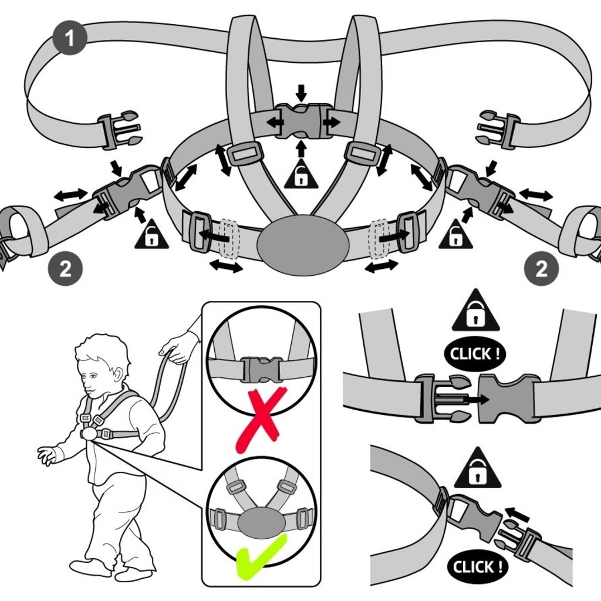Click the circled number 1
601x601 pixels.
(70, 39)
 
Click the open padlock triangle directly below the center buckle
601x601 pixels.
(300, 174)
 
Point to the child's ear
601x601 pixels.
(119, 374)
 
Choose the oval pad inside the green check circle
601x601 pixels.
(261, 521)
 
